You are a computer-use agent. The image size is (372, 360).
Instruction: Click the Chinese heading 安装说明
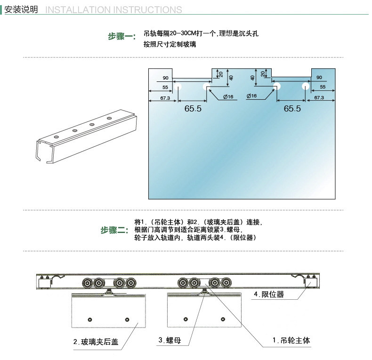(x=21, y=9)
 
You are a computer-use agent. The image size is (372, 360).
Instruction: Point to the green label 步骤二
(x=114, y=230)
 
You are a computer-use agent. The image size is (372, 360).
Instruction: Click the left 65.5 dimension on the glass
(x=193, y=109)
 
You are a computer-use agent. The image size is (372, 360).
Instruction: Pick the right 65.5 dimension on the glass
(x=292, y=109)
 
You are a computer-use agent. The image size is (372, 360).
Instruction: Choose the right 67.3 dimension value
(x=319, y=97)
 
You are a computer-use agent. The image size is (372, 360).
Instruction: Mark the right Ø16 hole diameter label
(x=252, y=96)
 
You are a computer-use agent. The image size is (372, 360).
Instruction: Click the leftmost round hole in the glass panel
(x=178, y=87)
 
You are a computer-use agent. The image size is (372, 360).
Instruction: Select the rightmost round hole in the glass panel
(x=306, y=87)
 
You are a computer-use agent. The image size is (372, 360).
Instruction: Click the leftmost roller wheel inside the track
(x=87, y=283)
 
